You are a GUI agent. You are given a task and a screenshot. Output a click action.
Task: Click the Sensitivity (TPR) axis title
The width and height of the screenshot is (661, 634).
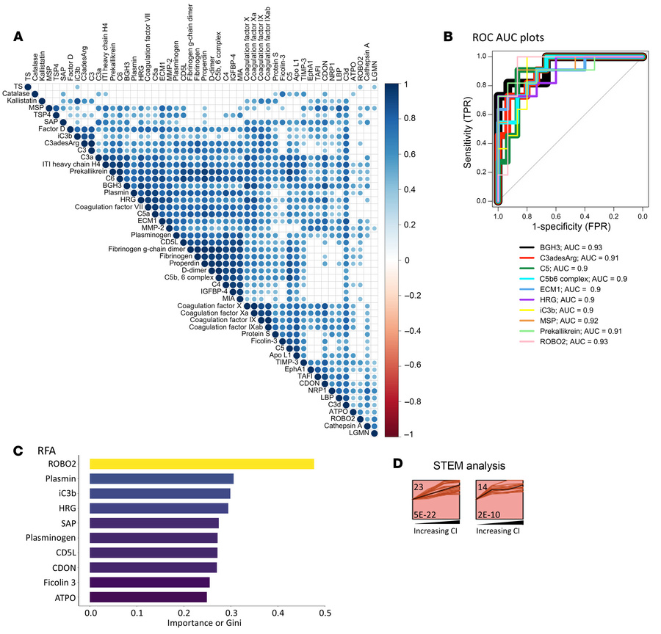point(468,128)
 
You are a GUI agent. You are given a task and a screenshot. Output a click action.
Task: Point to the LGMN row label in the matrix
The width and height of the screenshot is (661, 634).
point(355,434)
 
